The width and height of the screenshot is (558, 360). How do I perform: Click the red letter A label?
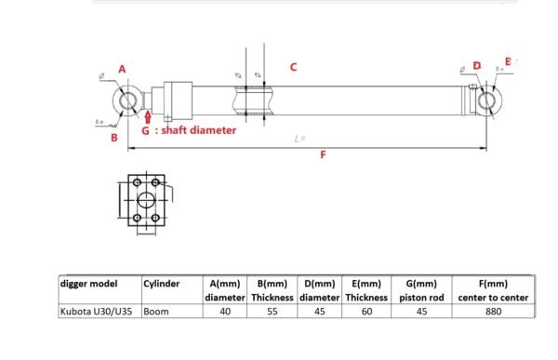tap(122, 69)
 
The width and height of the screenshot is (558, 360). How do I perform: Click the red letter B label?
tap(113, 138)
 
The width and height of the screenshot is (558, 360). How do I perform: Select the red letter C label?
tap(293, 67)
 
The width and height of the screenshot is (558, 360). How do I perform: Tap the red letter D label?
tap(476, 66)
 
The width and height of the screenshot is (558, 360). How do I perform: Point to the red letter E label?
tap(507, 60)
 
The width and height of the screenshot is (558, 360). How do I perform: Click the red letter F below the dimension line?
tap(323, 155)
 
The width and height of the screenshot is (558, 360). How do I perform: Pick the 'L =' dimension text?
tap(299, 139)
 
